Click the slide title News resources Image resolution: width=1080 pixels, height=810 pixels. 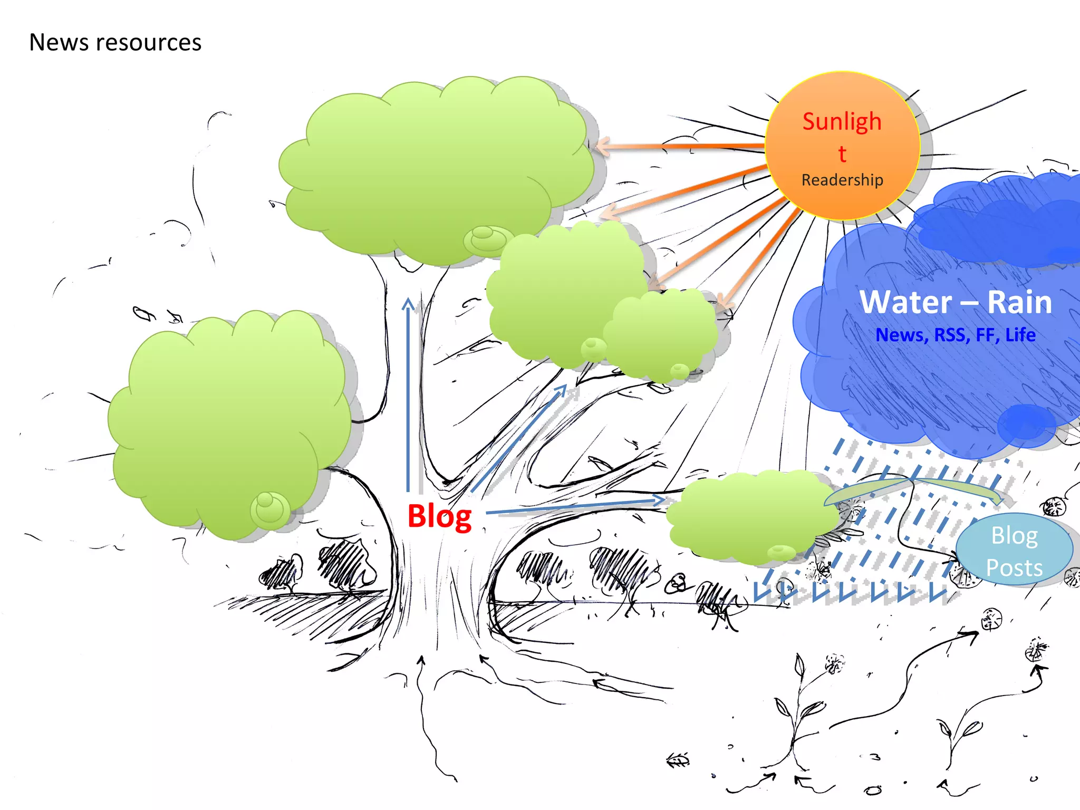115,42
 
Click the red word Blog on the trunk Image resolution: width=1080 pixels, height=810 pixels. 439,516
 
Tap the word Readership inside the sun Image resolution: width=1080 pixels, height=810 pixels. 842,180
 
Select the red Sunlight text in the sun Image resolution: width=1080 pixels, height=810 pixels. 842,122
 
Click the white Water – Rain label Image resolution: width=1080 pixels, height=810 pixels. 955,302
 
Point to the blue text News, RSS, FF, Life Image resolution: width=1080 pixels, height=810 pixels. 955,335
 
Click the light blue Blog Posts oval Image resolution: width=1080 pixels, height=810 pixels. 1014,550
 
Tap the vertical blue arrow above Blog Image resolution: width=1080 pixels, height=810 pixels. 408,396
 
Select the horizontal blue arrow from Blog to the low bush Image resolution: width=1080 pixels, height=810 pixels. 575,505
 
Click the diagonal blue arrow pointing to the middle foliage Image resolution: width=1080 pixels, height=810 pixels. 519,438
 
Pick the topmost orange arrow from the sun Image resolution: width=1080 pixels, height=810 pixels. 680,146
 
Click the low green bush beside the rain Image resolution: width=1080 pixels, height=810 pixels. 749,517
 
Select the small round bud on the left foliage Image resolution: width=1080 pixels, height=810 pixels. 269,509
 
